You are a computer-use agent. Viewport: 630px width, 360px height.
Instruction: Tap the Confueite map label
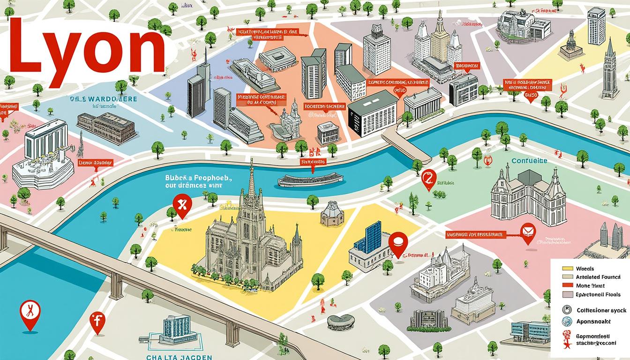pos(529,161)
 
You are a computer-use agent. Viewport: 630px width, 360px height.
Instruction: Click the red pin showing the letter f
pos(97,322)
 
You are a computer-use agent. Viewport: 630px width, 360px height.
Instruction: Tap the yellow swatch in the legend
pos(567,269)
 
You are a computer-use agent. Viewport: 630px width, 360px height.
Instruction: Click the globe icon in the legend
pos(567,321)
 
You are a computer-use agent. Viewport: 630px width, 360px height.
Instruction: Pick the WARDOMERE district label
pos(103,99)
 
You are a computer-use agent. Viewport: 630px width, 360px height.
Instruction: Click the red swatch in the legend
pos(567,285)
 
